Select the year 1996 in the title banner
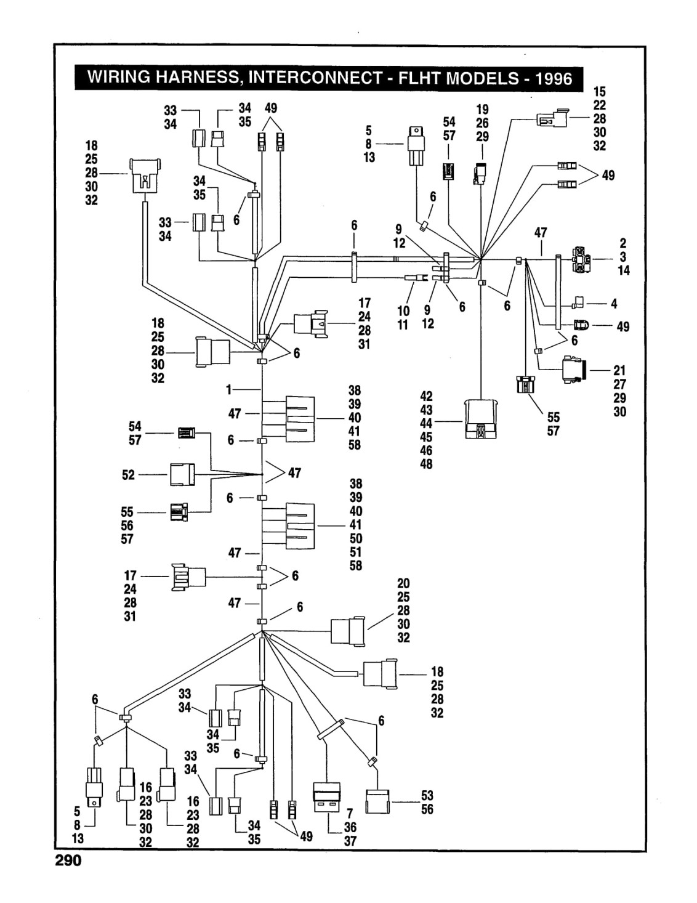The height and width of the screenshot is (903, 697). tap(553, 78)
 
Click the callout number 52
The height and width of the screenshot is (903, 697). tap(128, 474)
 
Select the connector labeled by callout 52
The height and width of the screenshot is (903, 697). tap(182, 474)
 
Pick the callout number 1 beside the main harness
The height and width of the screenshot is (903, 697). tap(228, 389)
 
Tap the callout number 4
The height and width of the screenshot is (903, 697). tap(614, 304)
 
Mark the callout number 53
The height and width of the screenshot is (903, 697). tap(427, 795)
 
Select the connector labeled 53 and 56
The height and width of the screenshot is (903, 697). tap(377, 801)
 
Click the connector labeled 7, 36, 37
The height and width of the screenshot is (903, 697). tap(326, 798)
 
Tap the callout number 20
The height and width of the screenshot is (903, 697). tap(403, 583)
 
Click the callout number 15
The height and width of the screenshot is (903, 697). tap(599, 91)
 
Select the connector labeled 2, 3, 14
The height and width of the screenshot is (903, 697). tap(581, 259)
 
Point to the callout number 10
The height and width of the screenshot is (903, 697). tap(403, 311)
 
